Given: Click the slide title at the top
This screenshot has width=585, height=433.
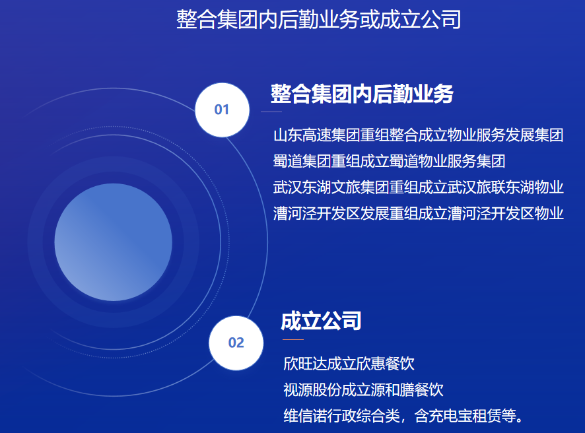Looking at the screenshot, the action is [x=319, y=19].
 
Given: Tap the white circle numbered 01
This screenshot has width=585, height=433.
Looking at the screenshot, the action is [x=222, y=110].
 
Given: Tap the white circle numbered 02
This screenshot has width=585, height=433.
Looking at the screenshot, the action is [x=236, y=343].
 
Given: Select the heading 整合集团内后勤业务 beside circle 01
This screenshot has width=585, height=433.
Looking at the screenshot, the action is [x=362, y=94].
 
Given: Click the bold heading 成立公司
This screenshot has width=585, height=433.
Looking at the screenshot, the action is [x=322, y=321].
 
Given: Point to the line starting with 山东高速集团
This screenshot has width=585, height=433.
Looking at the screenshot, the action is [x=418, y=135].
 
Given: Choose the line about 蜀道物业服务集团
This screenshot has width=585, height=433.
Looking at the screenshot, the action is [x=389, y=161].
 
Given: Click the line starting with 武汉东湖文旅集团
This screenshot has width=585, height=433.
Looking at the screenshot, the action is [x=418, y=187].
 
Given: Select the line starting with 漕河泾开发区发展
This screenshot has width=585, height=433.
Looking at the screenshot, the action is [x=418, y=213].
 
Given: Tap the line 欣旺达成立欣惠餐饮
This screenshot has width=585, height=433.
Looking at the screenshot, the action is [x=349, y=364].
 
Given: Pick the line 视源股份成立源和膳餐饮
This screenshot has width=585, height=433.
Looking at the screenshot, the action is [x=363, y=389].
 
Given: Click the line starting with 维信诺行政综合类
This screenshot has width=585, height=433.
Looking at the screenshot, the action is [x=403, y=416].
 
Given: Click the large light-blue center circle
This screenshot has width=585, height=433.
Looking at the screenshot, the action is [x=114, y=242].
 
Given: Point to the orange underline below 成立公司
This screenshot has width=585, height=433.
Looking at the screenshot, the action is [x=293, y=340].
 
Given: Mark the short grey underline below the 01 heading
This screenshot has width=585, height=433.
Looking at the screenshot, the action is [x=271, y=112].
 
